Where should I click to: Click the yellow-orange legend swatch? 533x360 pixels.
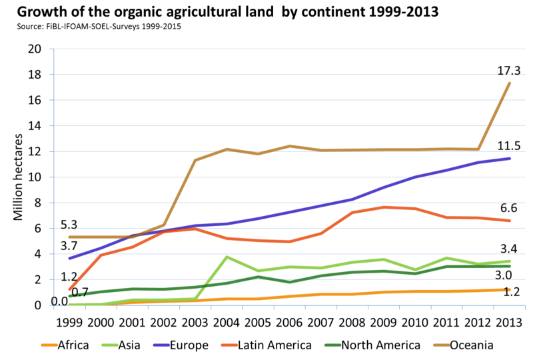pos(49,345)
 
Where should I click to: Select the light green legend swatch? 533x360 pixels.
pos(109,345)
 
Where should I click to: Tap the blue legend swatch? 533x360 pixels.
pos(161,345)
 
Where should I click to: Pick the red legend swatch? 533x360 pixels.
pos(229,345)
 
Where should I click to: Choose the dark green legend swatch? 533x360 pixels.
pos(332,345)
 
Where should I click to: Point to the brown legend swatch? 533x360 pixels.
pos(441,345)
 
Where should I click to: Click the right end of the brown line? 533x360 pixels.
pos(510,82)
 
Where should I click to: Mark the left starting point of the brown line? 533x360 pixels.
pos(69,237)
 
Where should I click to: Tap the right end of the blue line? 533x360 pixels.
pos(510,159)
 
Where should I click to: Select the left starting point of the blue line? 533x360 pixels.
pos(69,259)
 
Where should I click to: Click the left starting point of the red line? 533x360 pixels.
pos(69,289)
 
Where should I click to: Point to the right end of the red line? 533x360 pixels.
pos(510,221)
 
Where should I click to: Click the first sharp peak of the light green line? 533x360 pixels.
pos(227,256)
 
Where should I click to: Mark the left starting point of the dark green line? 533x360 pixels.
pos(69,295)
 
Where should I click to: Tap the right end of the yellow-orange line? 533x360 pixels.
pos(510,289)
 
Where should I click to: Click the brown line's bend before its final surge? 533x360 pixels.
pos(478,148)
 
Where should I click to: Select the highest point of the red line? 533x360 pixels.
pos(384,207)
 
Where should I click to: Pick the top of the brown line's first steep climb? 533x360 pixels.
pos(195,160)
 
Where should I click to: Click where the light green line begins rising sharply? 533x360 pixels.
pos(195,297)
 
